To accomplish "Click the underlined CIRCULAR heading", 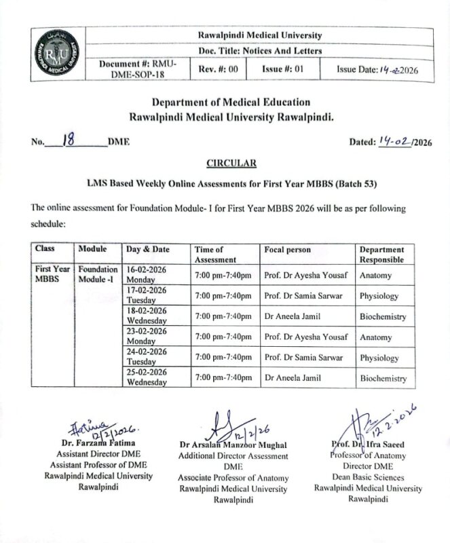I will [231, 163].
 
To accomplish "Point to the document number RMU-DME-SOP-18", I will [138, 69].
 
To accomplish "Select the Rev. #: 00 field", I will [218, 69].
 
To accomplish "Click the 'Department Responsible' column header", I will [381, 255].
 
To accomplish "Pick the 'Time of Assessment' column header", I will [215, 255].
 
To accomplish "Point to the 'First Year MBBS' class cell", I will [52, 274].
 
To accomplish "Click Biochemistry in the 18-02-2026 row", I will [382, 316].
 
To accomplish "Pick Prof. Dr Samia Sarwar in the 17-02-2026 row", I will [303, 296].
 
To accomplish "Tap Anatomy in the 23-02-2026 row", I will [375, 337].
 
